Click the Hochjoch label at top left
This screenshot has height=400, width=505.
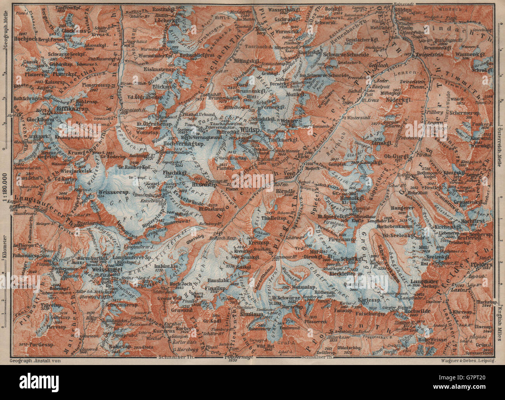26,39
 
